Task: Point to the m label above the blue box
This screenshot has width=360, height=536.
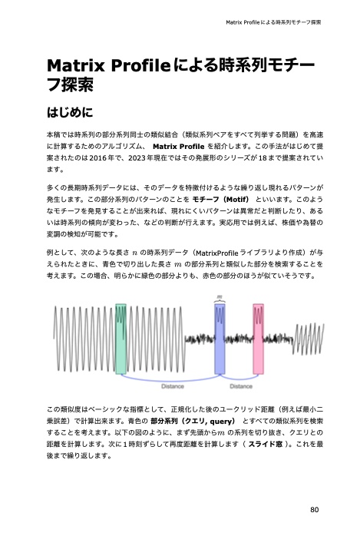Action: pyautogui.click(x=220, y=295)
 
